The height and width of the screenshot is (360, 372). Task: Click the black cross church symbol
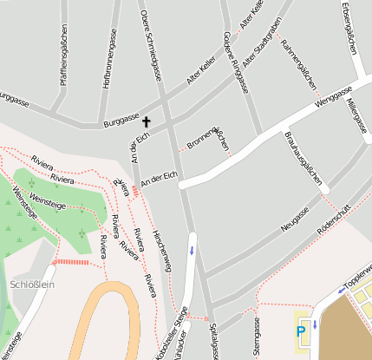pyautogui.click(x=146, y=122)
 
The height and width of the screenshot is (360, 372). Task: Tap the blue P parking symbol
pyautogui.click(x=301, y=331)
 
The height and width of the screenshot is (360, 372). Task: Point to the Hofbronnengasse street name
pyautogui.click(x=110, y=57)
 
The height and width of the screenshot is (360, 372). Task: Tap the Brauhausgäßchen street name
pyautogui.click(x=304, y=158)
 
